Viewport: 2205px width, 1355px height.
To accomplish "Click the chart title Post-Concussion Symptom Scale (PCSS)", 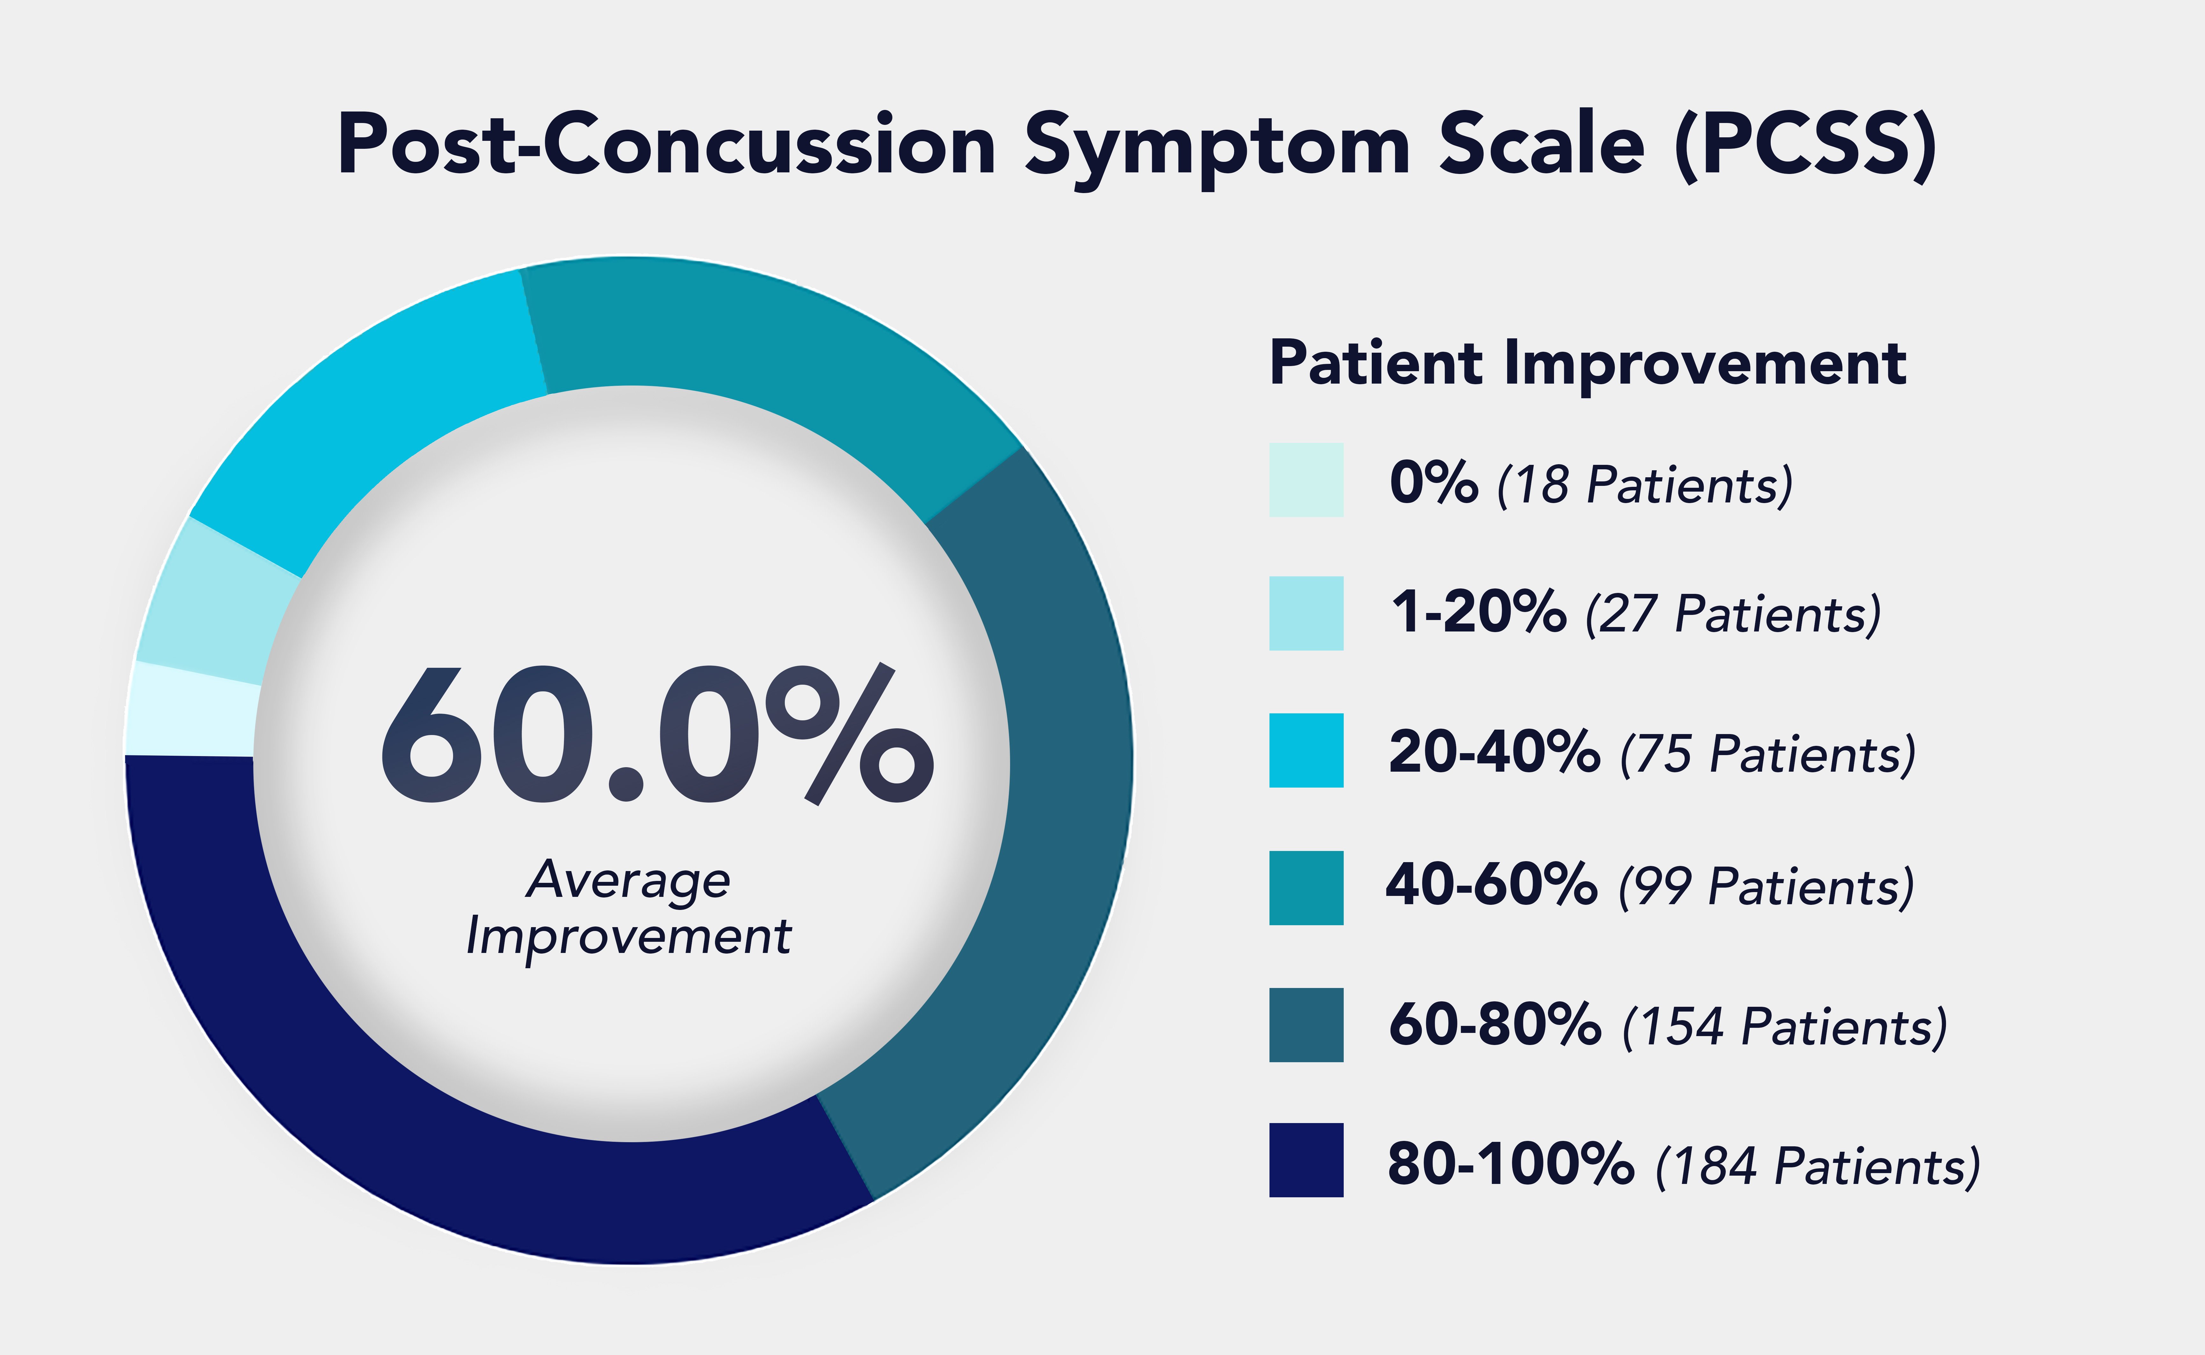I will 1137,145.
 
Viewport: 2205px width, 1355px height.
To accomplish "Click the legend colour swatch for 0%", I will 1306,479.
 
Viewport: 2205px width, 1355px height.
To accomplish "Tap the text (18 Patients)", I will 1645,485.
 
